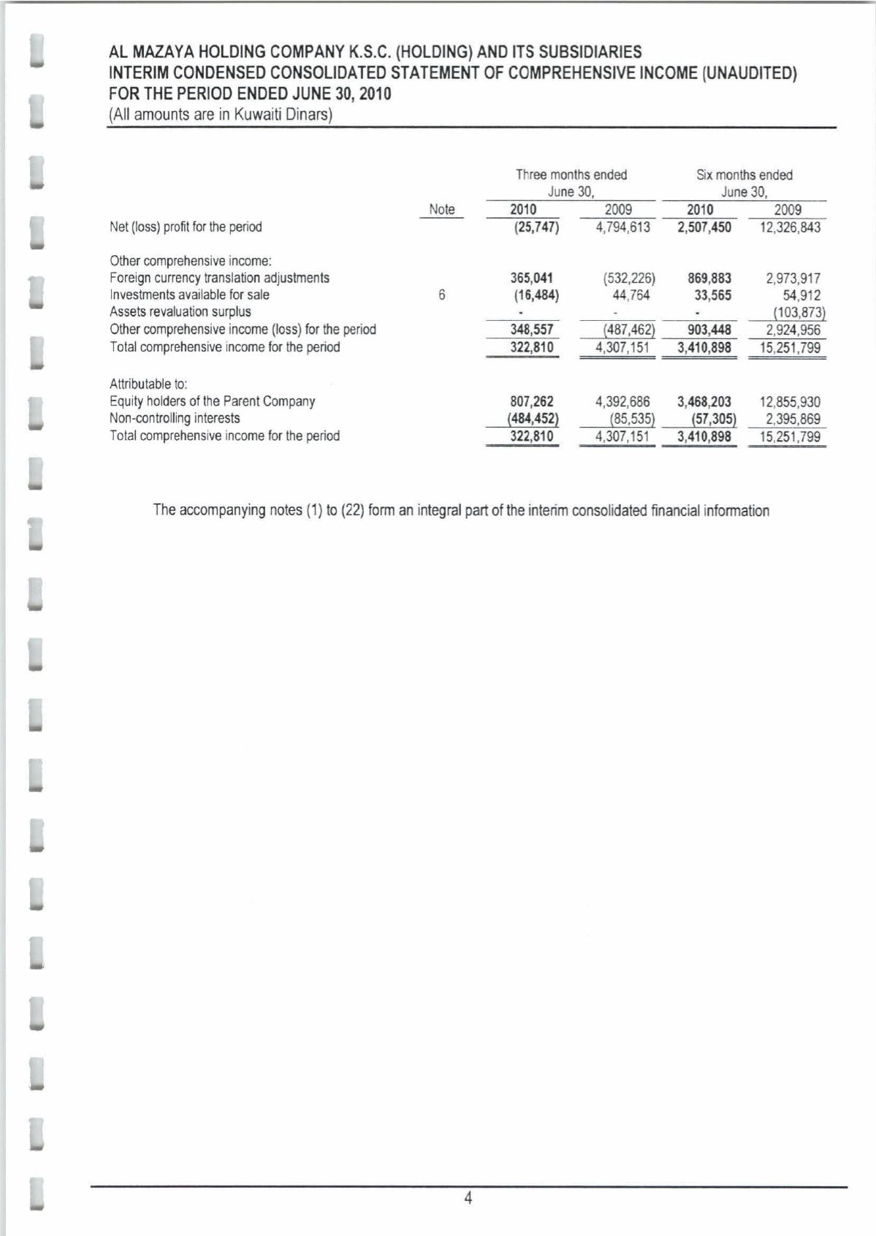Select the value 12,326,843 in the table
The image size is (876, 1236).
point(790,227)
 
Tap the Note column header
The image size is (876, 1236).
point(441,210)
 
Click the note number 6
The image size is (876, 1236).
point(441,295)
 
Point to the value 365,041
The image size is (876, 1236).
point(531,278)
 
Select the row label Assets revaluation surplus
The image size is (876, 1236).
point(180,312)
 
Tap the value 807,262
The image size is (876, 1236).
point(531,402)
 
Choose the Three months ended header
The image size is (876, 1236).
point(571,175)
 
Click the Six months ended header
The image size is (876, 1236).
point(744,175)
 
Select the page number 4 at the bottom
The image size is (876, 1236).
point(468,1198)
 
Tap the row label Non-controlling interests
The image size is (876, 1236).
point(175,419)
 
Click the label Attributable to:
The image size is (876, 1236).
point(149,384)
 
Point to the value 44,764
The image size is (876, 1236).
point(631,295)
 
